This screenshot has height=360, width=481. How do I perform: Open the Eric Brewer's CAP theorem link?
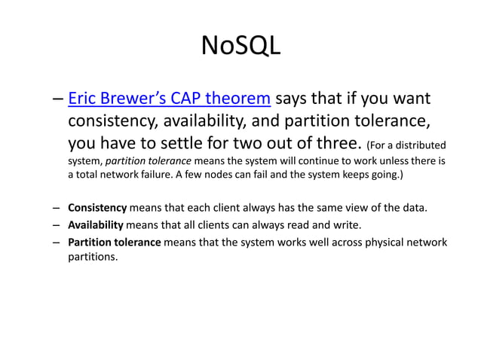click(169, 99)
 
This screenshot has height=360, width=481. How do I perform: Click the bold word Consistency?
click(98, 208)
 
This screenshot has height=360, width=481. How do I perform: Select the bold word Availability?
click(96, 224)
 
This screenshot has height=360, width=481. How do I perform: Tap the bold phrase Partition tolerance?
click(114, 242)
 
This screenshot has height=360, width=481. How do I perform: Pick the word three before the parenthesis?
click(339, 144)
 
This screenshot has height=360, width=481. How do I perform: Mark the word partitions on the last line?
click(93, 257)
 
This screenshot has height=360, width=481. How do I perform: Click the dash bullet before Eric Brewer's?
click(58, 99)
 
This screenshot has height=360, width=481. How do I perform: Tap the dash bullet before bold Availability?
click(57, 224)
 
